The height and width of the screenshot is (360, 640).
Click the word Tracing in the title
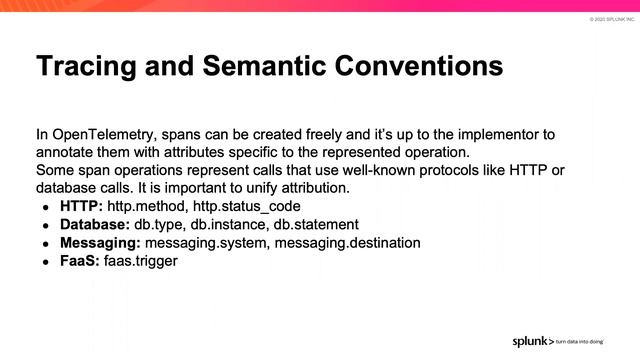coord(87,68)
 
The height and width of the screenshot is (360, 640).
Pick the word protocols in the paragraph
coord(430,170)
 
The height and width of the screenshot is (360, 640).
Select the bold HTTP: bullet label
coord(81,206)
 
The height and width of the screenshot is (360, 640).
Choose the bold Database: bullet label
coord(95,224)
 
